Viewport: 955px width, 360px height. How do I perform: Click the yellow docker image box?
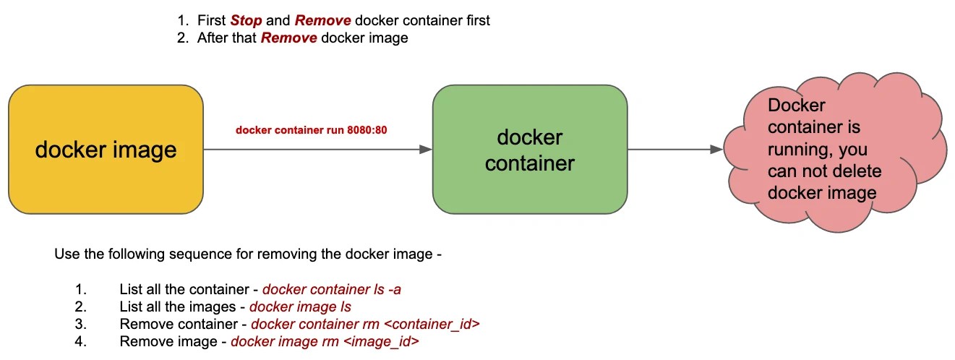106,150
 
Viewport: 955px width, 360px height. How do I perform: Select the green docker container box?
529,150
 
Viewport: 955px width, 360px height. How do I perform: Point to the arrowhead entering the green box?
425,150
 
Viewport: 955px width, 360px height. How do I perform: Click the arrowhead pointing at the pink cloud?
716,150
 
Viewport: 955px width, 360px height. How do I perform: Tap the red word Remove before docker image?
288,38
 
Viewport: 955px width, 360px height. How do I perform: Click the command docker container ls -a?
331,290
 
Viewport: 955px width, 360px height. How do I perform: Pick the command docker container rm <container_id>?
365,325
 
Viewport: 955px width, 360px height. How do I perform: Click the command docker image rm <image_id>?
325,342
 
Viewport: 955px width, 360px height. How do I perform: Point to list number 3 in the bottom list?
80,325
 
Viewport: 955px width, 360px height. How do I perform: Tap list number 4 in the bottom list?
80,342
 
